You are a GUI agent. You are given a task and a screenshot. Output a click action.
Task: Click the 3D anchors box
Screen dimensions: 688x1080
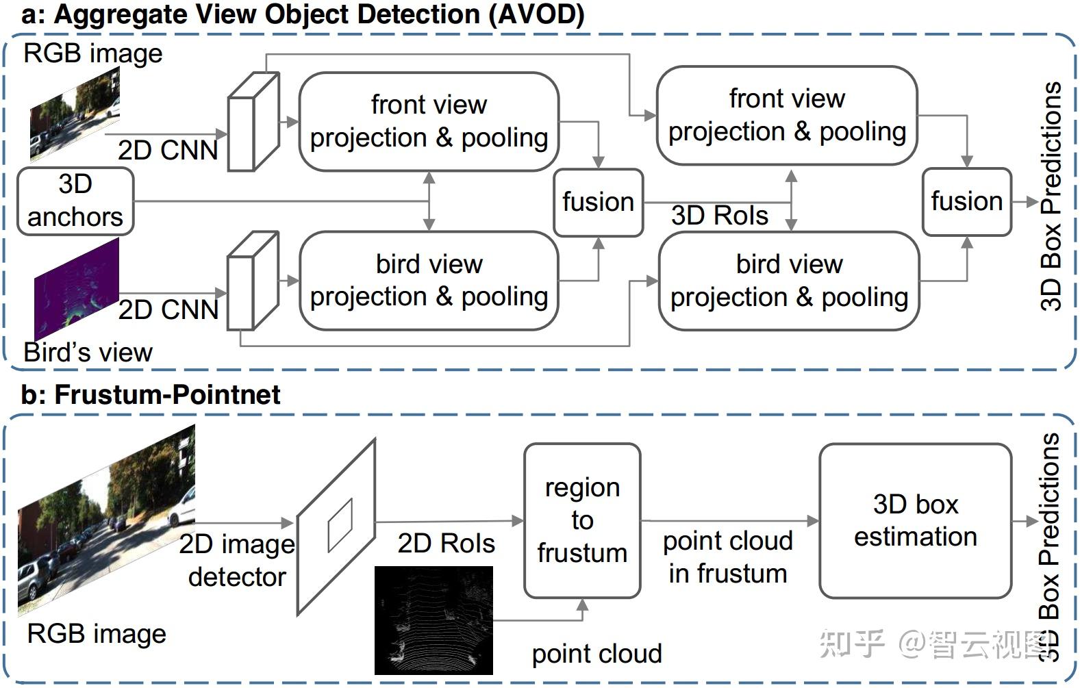[x=75, y=201]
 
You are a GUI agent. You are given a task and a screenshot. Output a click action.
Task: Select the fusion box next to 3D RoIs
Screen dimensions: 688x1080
[x=598, y=203]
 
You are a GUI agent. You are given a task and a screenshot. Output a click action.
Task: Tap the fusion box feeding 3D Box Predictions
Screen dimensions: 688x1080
[x=966, y=202]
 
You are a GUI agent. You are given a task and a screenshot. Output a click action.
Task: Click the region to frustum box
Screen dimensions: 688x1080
[x=582, y=520]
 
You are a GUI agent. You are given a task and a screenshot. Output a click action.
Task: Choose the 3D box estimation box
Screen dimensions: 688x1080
[x=915, y=520]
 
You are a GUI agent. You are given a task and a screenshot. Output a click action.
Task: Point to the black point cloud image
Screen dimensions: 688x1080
[x=434, y=620]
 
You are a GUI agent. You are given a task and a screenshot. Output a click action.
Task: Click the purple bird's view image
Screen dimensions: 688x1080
[x=77, y=288]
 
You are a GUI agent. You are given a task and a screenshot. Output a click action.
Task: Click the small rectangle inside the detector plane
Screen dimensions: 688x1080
[x=340, y=525]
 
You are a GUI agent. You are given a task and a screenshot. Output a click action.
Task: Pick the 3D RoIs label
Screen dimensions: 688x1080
[x=719, y=216]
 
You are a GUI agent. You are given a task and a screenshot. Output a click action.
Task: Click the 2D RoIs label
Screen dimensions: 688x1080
[x=446, y=544]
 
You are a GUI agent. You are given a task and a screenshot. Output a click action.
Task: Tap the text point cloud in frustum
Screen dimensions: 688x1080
[x=728, y=557]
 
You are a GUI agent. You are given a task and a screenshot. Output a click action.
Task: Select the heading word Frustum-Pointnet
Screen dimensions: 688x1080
[x=167, y=395]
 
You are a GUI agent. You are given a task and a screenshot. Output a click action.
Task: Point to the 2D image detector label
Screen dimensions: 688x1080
[x=237, y=561]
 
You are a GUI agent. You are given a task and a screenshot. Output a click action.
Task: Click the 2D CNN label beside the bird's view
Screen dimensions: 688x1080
[x=168, y=309]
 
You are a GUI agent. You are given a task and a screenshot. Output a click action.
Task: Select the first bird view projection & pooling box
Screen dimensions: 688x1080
[x=429, y=281]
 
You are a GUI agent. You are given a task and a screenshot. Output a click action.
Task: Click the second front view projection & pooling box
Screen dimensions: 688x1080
[x=787, y=116]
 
